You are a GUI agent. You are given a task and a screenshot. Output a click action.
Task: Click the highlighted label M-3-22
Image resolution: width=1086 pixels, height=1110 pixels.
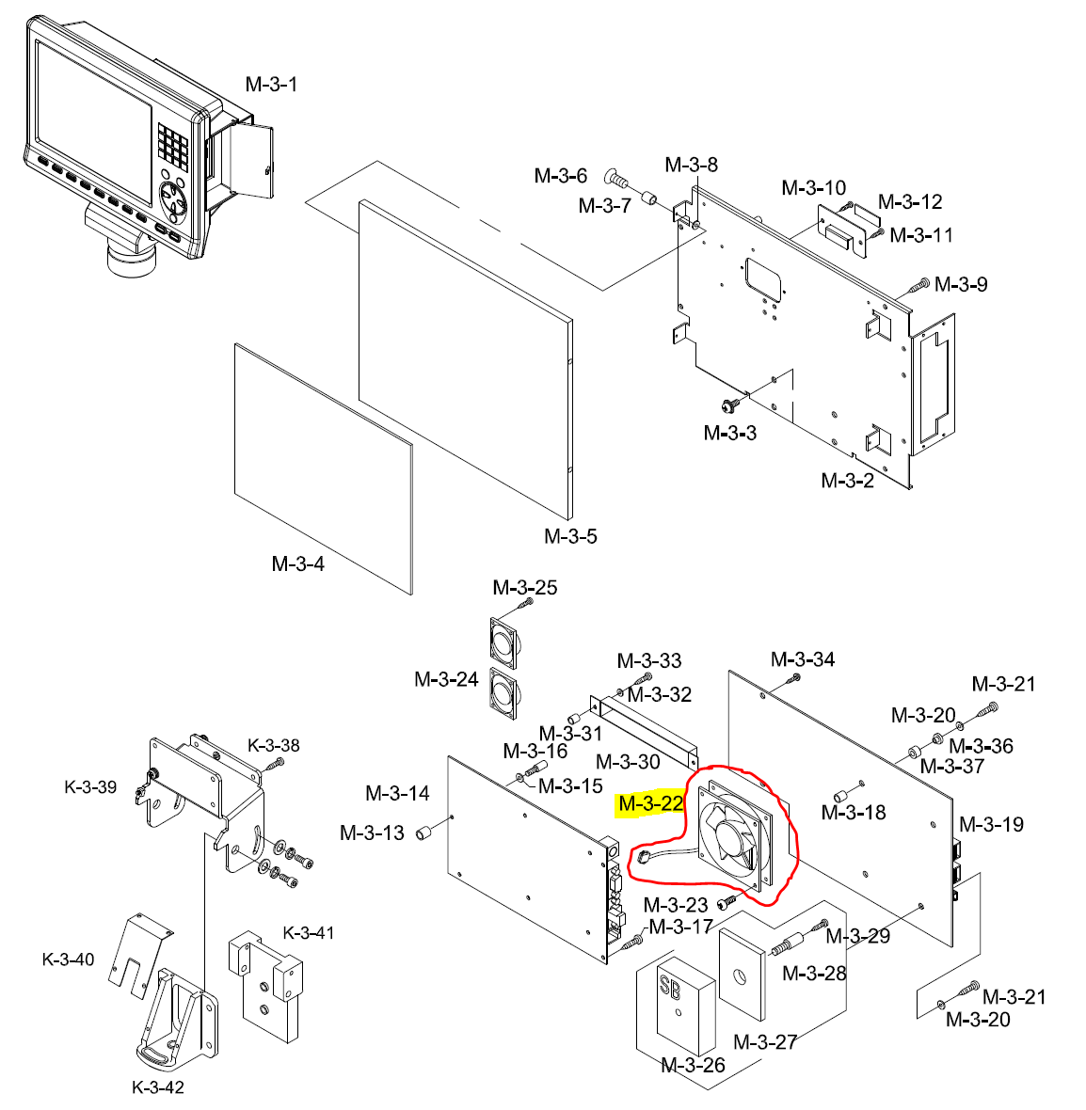point(651,803)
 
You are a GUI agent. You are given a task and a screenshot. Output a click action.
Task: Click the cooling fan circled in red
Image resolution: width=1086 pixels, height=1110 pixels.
point(735,834)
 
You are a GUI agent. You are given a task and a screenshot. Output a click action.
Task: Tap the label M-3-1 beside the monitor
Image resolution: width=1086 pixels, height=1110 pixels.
point(271,85)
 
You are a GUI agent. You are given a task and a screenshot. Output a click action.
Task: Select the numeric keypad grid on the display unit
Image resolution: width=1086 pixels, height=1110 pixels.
point(173,146)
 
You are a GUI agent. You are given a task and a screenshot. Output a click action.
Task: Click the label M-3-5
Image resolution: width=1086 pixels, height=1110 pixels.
point(570,536)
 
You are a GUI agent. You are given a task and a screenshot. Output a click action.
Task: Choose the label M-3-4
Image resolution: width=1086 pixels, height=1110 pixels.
point(297,563)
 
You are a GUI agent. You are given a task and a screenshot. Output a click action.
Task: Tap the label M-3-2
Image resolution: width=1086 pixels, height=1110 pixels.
point(847,481)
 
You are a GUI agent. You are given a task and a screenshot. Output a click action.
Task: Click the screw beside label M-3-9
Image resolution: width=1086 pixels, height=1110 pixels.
point(918,287)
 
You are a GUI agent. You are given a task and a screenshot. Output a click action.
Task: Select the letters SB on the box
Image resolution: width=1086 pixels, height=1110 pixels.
point(669,986)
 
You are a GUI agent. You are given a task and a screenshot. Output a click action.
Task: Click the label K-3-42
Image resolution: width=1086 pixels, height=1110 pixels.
point(158,1087)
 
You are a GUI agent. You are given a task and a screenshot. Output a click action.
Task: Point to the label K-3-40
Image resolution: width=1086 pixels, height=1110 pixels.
point(68,959)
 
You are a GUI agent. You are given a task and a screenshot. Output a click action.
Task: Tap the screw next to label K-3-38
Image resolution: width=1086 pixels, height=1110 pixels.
point(277,765)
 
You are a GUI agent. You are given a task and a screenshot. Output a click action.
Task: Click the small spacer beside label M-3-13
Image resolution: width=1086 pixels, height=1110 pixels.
point(423,832)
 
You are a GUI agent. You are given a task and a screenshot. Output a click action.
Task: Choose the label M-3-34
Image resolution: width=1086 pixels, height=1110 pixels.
point(803,659)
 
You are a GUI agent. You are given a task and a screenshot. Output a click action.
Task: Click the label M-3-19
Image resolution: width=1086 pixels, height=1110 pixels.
point(992,824)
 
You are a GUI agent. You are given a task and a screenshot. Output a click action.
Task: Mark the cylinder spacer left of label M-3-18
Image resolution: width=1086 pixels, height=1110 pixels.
point(841,794)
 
